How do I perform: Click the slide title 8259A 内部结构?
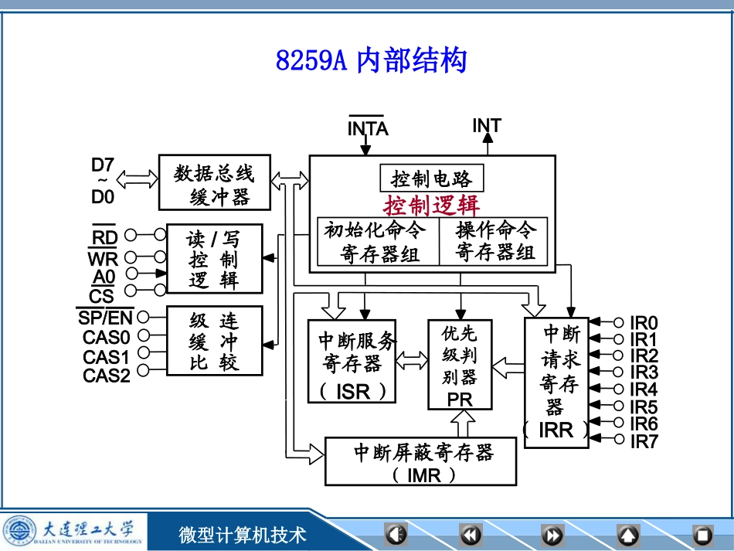[x=371, y=60]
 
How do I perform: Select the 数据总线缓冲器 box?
[x=215, y=182]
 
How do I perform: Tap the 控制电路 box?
[x=432, y=179]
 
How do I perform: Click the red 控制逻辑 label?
[x=432, y=206]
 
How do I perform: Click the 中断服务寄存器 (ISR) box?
[x=351, y=361]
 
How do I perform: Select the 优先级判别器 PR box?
[x=459, y=365]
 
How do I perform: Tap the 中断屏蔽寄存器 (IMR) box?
[x=421, y=461]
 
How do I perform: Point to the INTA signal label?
[x=367, y=128]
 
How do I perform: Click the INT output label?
[x=487, y=125]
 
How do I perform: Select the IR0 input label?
[x=644, y=322]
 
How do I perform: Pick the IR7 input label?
[x=644, y=441]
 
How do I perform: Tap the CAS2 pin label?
[x=107, y=376]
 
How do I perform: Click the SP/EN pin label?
[x=105, y=317]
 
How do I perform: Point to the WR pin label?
[x=102, y=258]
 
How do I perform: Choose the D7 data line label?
[x=103, y=165]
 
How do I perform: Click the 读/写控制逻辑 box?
[x=214, y=259]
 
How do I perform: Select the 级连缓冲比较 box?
[x=214, y=341]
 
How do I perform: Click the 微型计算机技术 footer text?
[x=243, y=534]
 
